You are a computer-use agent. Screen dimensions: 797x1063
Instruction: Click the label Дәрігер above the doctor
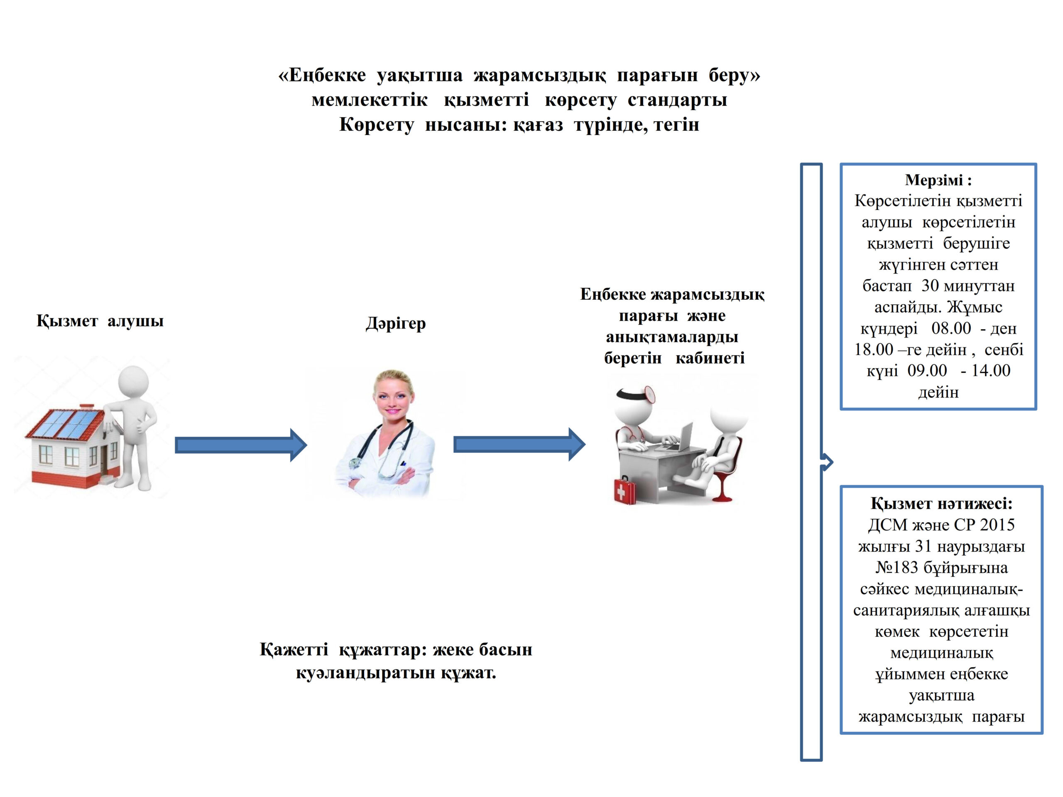click(x=395, y=323)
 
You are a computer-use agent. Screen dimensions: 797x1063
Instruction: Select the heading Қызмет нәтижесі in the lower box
click(x=941, y=504)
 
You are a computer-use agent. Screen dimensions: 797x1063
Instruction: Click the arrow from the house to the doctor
click(x=240, y=445)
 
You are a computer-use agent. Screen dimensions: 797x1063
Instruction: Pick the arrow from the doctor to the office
click(x=519, y=445)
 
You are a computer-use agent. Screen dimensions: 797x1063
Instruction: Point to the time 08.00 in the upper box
click(x=950, y=329)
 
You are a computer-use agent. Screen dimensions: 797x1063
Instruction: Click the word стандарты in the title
click(x=677, y=100)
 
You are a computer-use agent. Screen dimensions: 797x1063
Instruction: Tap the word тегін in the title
click(x=677, y=125)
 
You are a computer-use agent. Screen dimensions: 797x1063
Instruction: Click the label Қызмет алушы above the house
click(x=100, y=321)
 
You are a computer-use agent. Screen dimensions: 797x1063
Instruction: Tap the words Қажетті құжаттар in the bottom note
click(x=342, y=650)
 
